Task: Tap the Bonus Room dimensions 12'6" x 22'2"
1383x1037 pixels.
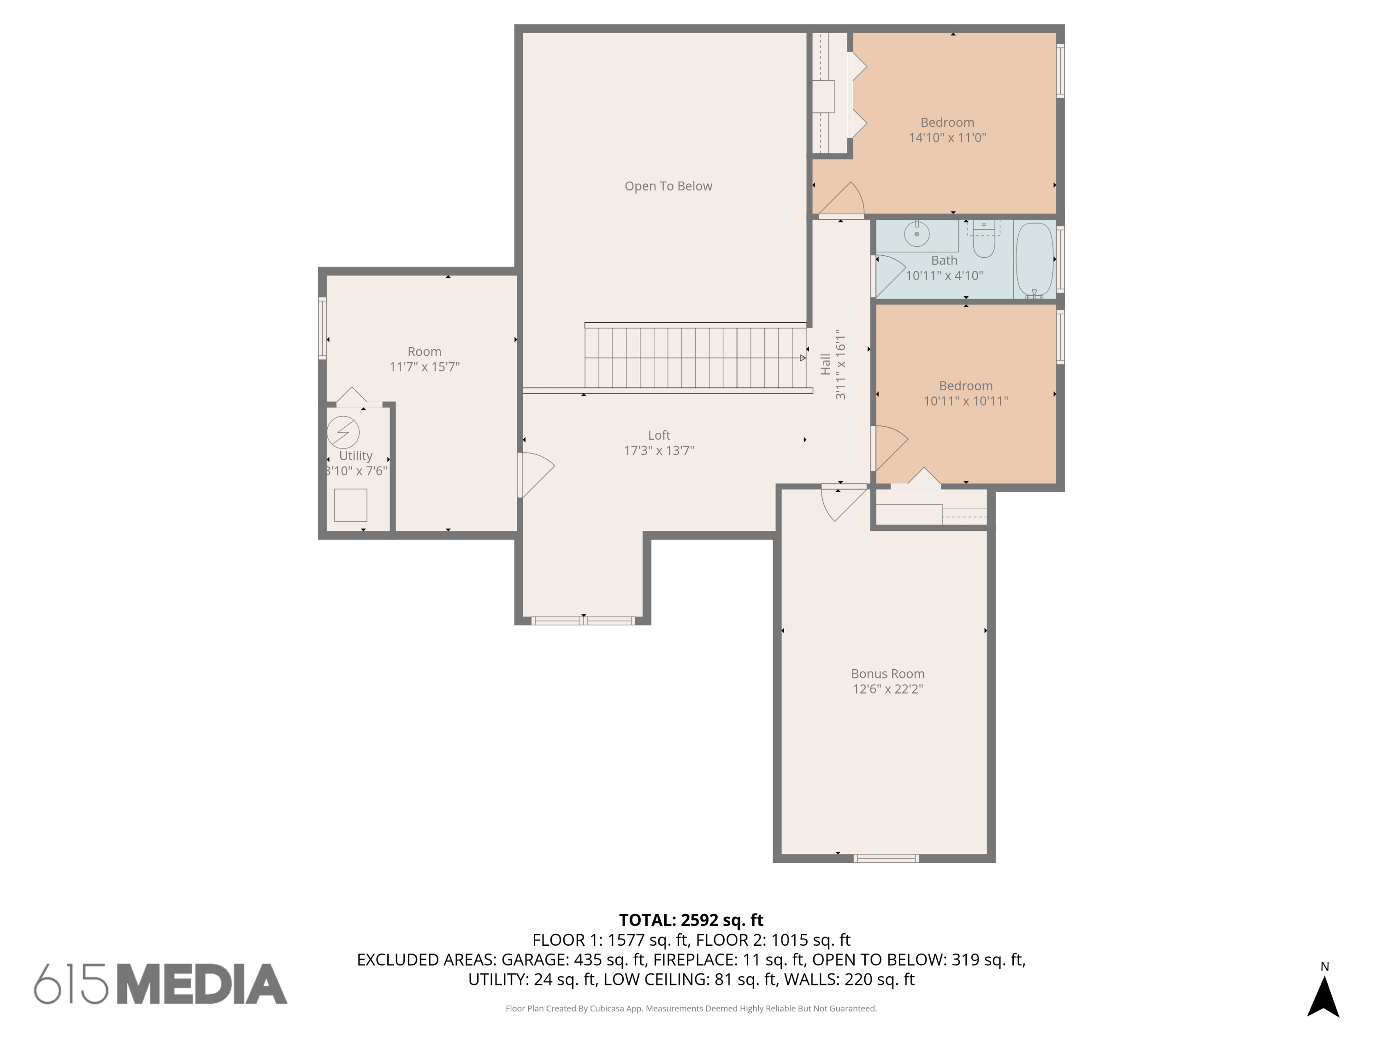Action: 887,689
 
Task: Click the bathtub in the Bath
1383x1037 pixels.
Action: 1035,259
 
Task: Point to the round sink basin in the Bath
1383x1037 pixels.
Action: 916,234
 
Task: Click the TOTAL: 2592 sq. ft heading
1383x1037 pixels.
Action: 691,920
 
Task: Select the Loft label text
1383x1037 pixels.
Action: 659,435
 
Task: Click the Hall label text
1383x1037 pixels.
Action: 825,365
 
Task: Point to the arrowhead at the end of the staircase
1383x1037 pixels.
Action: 803,358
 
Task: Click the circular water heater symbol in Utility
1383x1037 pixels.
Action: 343,432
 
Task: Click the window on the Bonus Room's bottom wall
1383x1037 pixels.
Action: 886,859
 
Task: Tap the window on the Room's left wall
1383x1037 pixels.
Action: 323,328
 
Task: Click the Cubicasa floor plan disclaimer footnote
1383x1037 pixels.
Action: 691,1008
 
